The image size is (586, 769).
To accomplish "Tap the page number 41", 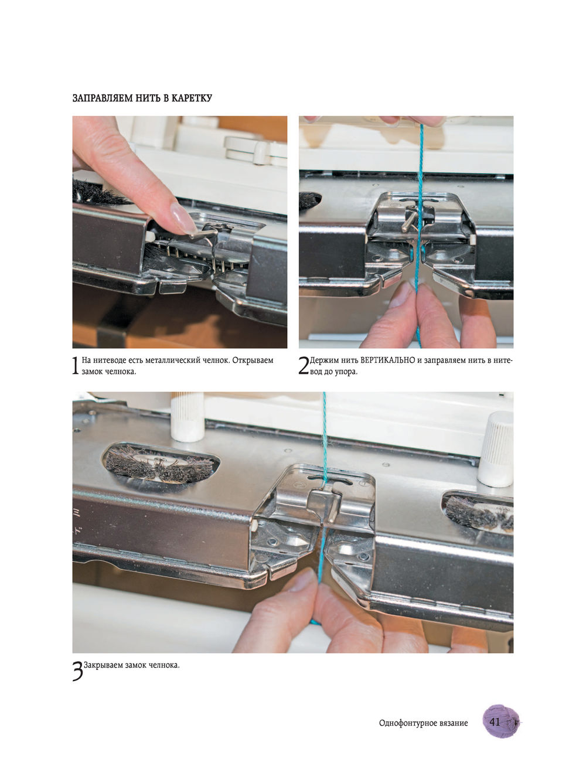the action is pyautogui.click(x=495, y=722).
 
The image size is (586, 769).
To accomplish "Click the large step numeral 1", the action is pyautogui.click(x=76, y=366).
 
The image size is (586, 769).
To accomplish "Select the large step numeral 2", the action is pyautogui.click(x=304, y=366).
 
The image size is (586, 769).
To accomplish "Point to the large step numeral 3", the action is pyautogui.click(x=78, y=671).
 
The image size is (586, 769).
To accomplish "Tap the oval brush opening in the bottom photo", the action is pyautogui.click(x=161, y=463).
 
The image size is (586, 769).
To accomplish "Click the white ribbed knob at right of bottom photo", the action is pyautogui.click(x=496, y=450).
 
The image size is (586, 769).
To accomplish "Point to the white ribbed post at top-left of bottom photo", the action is pyautogui.click(x=188, y=417).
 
